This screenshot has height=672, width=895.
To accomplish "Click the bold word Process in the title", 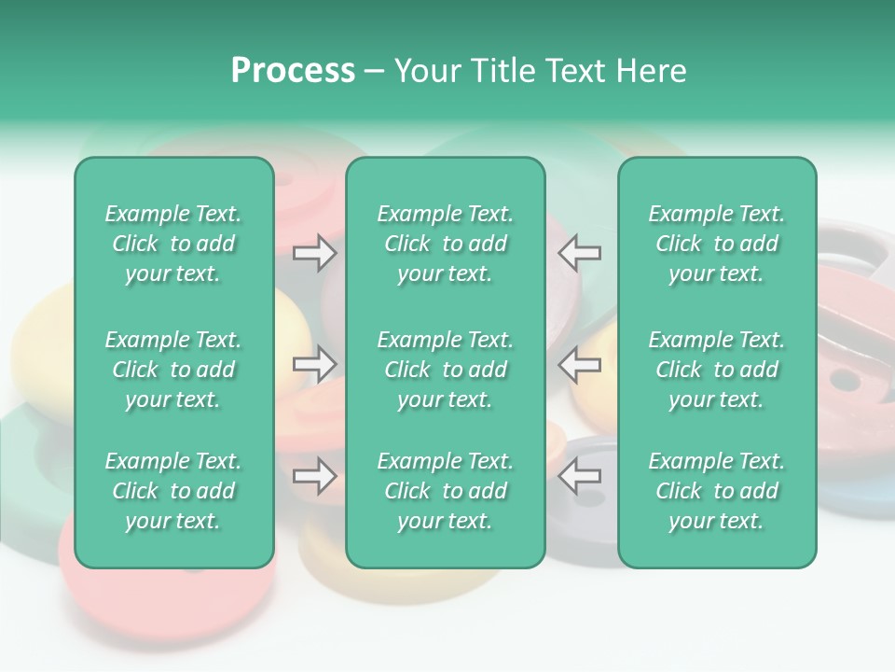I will tap(293, 71).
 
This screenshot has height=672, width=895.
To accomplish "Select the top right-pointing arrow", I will tap(314, 253).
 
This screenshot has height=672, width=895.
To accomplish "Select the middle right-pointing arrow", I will tap(314, 364).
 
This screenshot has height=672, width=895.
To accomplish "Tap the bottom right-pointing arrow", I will tap(314, 477).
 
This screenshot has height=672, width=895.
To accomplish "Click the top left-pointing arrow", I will tap(579, 253).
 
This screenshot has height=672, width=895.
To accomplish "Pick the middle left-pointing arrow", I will tap(579, 364).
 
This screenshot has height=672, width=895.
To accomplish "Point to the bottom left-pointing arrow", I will tap(579, 477).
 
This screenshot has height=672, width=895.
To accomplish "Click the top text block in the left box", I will tap(173, 244).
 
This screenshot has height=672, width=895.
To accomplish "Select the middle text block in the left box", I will tap(173, 370).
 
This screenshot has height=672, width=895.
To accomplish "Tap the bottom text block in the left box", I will tap(173, 491).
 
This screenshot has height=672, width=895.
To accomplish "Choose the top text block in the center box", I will tap(445, 244).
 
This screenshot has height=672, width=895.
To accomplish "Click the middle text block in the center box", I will tap(445, 370).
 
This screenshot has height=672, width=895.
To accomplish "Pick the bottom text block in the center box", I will tap(445, 491).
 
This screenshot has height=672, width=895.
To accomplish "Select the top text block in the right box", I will tap(716, 244).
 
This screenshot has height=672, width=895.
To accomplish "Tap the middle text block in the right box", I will tap(716, 370).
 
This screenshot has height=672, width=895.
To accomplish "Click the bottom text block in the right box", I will tap(716, 491).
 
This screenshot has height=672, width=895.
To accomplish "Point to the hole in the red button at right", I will tap(845, 380).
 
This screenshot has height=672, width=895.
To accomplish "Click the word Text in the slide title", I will tap(578, 71).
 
